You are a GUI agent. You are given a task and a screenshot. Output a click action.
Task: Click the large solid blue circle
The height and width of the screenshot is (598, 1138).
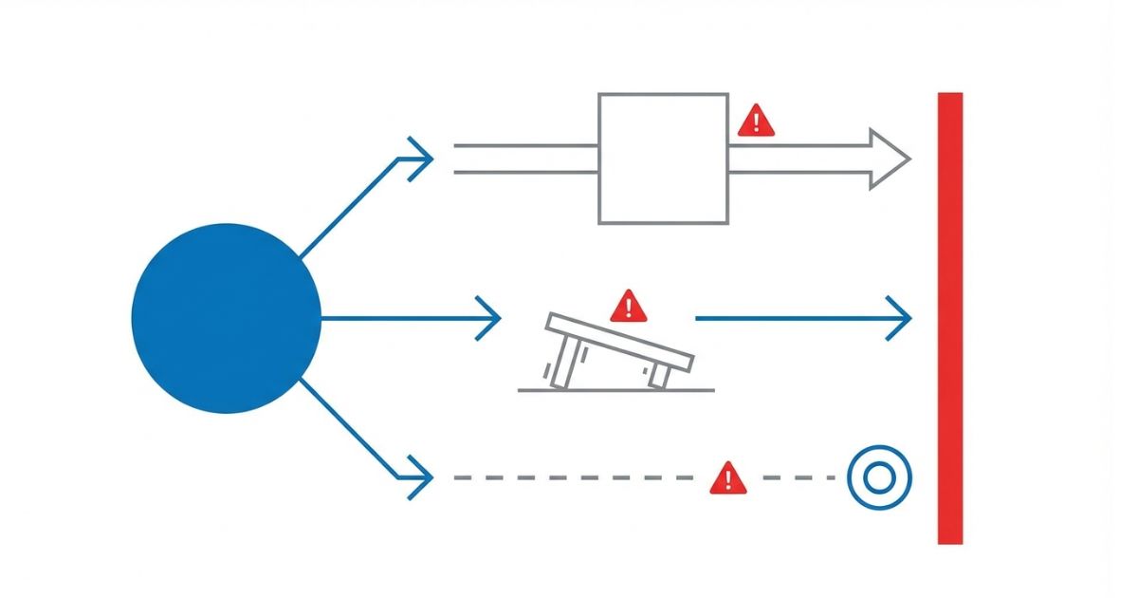point(226,318)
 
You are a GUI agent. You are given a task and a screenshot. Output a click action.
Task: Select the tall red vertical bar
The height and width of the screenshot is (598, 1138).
point(949,318)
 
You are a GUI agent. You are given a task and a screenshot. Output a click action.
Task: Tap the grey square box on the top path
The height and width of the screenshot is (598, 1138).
point(663,158)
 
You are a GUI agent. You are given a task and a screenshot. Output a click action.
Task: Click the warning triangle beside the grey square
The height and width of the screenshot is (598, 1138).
point(756,121)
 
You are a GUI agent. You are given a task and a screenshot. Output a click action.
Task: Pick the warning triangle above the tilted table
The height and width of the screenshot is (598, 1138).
point(627,306)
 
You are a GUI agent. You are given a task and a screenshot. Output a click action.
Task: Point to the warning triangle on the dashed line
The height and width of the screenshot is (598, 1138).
point(727,478)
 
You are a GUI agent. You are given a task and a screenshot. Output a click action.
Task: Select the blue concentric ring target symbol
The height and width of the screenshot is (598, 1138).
point(879,477)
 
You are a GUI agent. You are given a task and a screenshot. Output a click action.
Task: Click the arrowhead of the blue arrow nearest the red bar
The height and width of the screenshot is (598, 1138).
point(898,318)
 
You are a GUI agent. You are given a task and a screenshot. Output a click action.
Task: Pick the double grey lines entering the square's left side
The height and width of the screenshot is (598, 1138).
point(525,159)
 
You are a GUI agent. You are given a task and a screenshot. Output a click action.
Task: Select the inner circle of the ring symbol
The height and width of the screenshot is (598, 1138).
point(879,477)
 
